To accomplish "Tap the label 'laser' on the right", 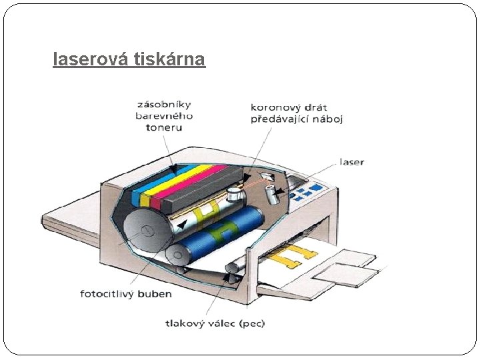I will click(352, 162).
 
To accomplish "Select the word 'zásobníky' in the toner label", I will click(163, 104).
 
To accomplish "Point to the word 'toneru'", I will click(163, 127).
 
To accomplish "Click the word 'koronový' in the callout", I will click(273, 107).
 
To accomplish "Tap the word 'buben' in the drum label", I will click(155, 293).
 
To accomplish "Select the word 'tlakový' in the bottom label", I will click(185, 323).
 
